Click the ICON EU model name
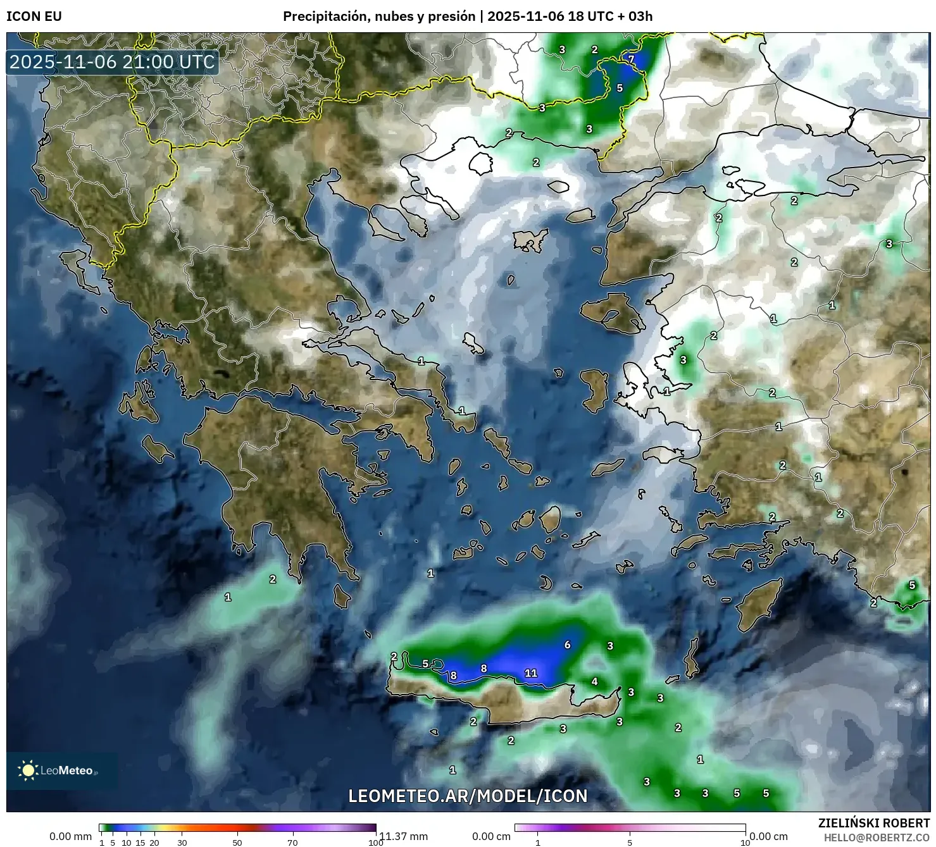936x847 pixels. click(x=34, y=16)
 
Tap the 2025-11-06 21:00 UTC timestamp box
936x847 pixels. click(x=113, y=62)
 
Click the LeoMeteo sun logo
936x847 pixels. click(x=28, y=770)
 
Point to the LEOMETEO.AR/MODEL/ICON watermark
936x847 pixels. click(x=468, y=796)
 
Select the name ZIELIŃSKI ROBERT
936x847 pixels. click(x=873, y=823)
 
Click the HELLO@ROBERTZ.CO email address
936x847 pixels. click(x=877, y=838)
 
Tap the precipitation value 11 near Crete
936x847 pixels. click(x=531, y=673)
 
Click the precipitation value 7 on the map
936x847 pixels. click(x=631, y=59)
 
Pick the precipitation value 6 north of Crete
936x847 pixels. click(x=568, y=645)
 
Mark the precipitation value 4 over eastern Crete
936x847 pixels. click(x=594, y=681)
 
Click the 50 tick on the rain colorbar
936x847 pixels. click(x=237, y=842)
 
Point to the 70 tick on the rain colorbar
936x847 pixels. click(x=292, y=842)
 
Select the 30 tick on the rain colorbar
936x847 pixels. click(x=182, y=842)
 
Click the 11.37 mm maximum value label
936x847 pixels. click(x=404, y=836)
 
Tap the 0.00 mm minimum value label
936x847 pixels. click(x=71, y=836)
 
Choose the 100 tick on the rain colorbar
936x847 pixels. click(x=376, y=842)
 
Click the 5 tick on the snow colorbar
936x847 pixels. click(x=630, y=842)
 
